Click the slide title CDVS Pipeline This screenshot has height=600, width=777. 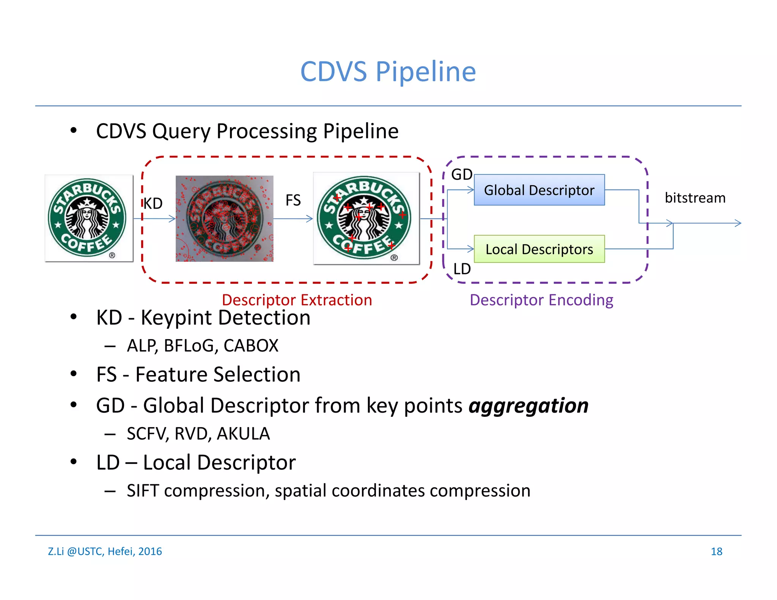click(x=388, y=72)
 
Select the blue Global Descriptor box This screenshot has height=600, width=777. click(x=539, y=190)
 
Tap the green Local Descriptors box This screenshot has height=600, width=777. click(x=539, y=249)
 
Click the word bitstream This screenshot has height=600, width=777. click(x=695, y=198)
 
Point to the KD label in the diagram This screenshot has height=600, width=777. click(x=153, y=204)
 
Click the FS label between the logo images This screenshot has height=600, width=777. click(x=293, y=200)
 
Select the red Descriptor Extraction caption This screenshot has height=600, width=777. click(x=297, y=300)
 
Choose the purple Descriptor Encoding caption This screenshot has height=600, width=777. click(x=541, y=300)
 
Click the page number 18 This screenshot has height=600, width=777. click(x=716, y=551)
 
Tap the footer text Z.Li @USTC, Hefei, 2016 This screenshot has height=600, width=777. click(x=105, y=551)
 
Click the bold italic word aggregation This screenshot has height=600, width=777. click(x=528, y=405)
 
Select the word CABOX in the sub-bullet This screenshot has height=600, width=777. click(x=251, y=346)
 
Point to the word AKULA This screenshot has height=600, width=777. click(x=243, y=434)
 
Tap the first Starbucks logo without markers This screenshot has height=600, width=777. click(x=88, y=218)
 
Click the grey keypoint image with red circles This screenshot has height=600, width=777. click(x=224, y=218)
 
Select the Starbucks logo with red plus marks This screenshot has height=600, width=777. click(x=366, y=218)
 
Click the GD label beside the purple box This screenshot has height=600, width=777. click(x=461, y=174)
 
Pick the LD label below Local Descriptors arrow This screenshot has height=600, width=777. click(x=462, y=269)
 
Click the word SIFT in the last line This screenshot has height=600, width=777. click(x=143, y=491)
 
